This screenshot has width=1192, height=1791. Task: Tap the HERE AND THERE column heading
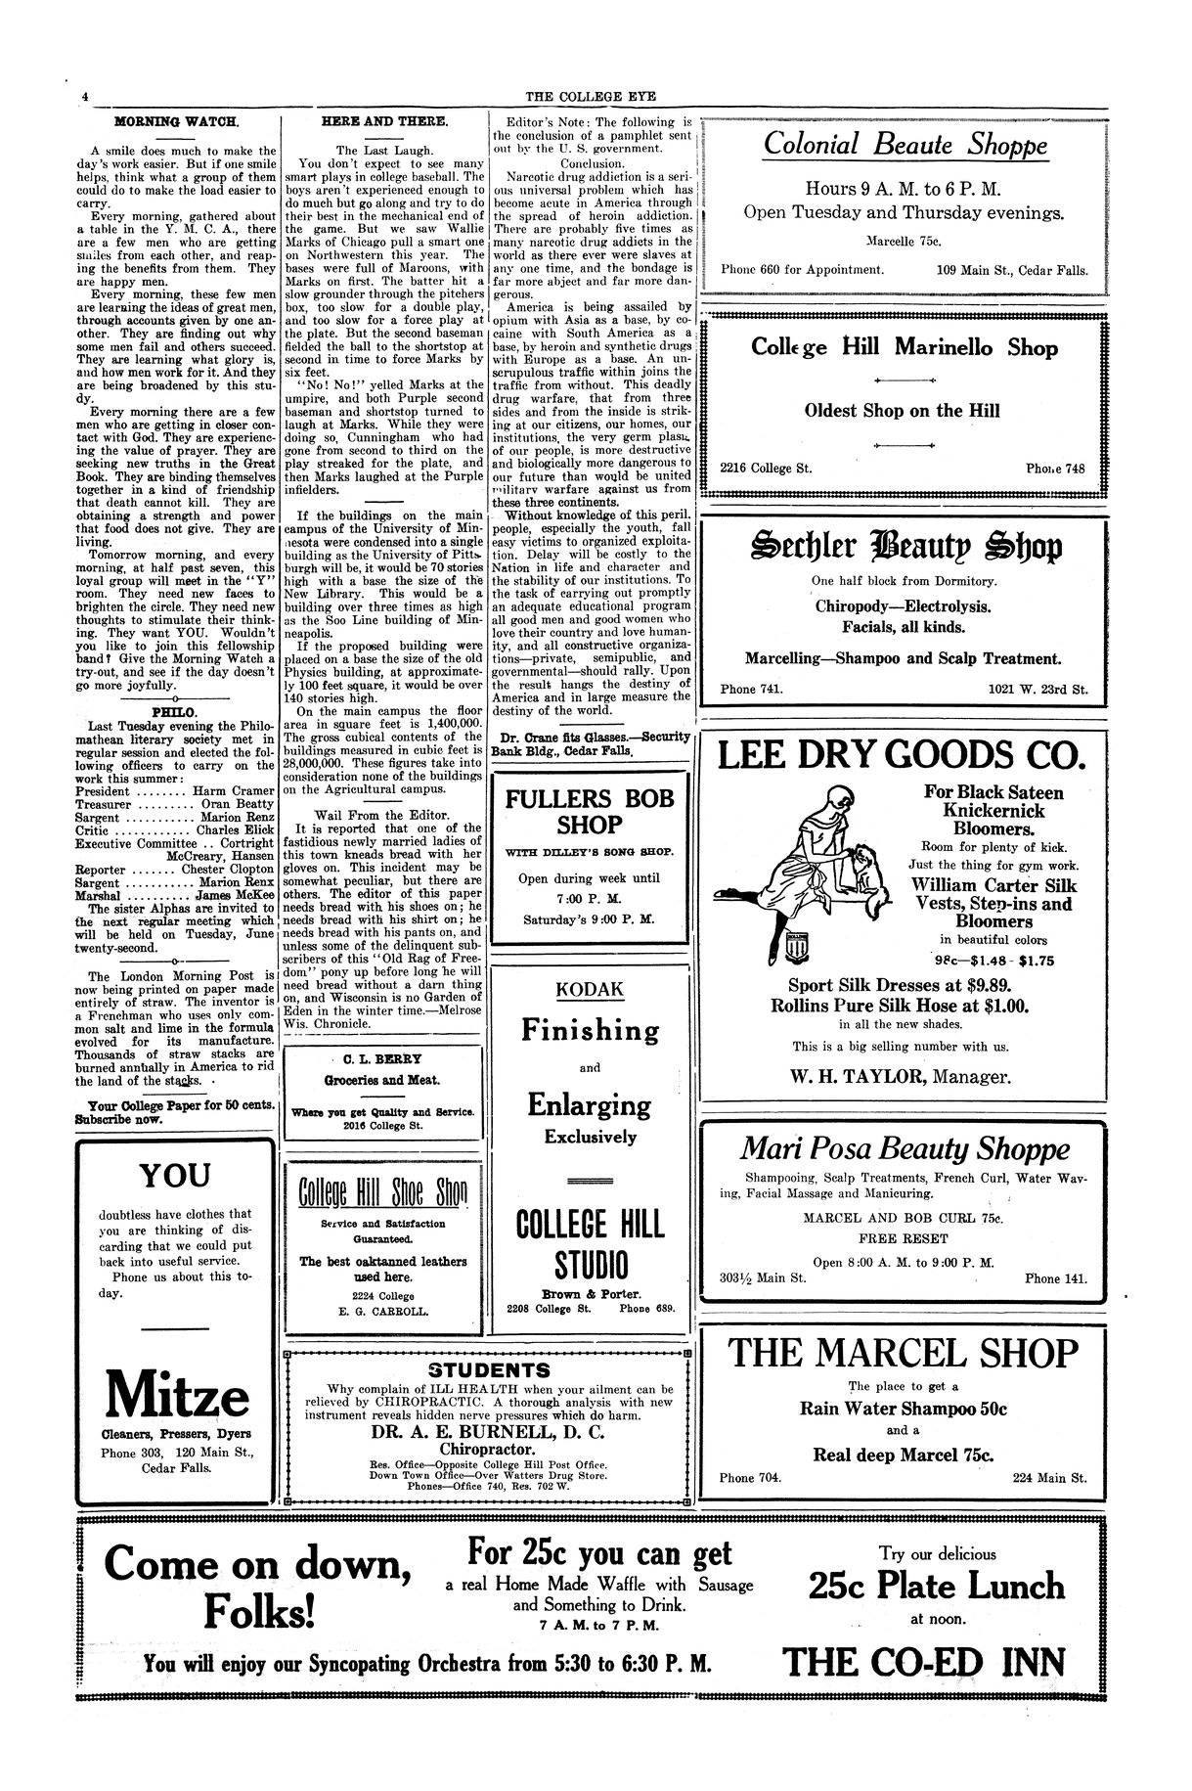[384, 121]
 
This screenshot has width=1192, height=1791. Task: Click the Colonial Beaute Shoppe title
[905, 146]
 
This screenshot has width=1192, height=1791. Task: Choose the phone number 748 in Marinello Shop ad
[1072, 468]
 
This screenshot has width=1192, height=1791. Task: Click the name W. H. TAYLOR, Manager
[905, 1077]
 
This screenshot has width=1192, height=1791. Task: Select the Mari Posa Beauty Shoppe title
[905, 1148]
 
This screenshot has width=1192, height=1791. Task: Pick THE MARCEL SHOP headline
[905, 1353]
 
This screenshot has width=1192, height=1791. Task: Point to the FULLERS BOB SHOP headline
[590, 811]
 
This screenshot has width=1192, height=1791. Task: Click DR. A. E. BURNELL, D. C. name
[487, 1431]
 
